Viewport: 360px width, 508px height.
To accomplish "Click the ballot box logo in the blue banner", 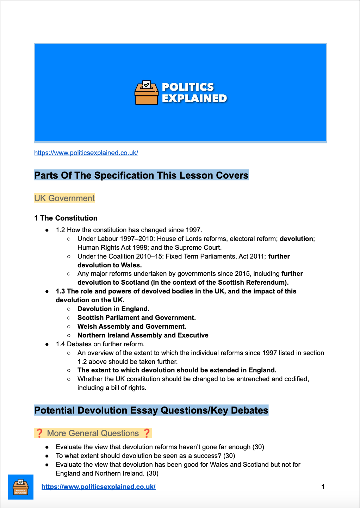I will [146, 93].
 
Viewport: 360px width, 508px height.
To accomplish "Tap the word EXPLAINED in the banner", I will [194, 98].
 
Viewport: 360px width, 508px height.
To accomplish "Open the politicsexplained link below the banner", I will [86, 153].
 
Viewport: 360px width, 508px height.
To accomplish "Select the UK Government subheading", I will [64, 198].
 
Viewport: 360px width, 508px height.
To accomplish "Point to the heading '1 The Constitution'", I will [66, 218].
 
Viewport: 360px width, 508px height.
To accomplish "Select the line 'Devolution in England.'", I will [113, 309].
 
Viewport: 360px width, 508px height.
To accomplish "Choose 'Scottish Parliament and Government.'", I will [137, 318].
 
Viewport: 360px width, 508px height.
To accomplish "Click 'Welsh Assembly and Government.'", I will [132, 327].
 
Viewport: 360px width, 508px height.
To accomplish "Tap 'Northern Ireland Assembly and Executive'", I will [143, 335].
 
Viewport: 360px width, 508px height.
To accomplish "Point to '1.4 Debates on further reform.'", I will [100, 344].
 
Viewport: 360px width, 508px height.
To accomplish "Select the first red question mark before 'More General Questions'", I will [39, 433].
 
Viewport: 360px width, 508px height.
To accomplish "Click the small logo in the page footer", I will [21, 487].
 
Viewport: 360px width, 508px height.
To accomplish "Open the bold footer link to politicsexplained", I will [99, 487].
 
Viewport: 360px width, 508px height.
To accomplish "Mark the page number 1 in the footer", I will [323, 487].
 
